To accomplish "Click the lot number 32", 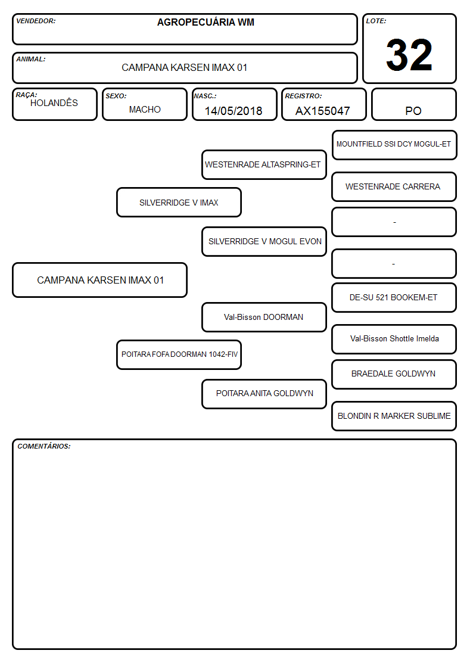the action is click(409, 55).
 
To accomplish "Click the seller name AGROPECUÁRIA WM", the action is click(206, 22).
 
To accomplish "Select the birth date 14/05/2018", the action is click(234, 111).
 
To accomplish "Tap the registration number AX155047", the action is click(322, 111).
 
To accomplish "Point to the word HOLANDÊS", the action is click(54, 103).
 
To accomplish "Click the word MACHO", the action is click(145, 110).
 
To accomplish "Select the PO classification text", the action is click(413, 111).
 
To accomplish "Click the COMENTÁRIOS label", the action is click(44, 446).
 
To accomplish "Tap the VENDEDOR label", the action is click(36, 21).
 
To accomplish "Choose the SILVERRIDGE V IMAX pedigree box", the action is click(179, 203).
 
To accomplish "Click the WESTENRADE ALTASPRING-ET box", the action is click(264, 164).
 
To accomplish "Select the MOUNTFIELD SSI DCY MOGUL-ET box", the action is click(394, 145).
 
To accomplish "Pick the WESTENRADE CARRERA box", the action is click(394, 187).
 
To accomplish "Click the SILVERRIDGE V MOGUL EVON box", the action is click(264, 241).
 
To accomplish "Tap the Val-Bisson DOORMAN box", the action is click(264, 318).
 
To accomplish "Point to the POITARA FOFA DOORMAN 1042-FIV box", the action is click(179, 354).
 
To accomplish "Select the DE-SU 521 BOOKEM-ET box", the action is click(394, 298).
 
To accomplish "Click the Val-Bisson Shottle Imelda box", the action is click(394, 339).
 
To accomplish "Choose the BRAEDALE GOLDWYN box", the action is click(394, 374).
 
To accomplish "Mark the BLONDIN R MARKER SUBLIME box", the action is click(394, 416).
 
